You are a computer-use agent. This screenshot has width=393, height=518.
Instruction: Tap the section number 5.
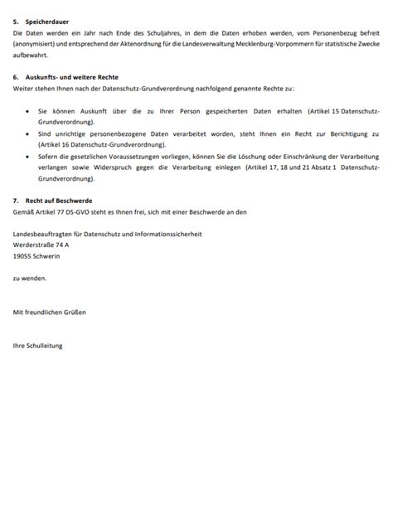coord(17,21)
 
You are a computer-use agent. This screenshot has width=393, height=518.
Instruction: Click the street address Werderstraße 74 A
coord(41,245)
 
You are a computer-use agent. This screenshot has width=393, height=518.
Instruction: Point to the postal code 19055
coord(22,257)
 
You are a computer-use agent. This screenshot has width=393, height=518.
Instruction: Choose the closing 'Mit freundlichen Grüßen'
coord(50,312)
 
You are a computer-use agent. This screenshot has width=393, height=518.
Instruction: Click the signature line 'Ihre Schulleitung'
coord(38,345)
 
